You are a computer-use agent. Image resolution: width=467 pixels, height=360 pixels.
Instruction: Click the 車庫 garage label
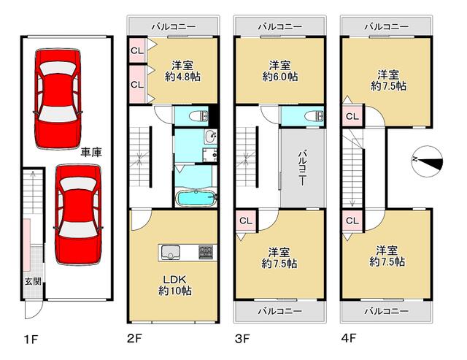pyautogui.click(x=91, y=153)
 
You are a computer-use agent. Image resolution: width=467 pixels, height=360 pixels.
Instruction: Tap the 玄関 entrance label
pyautogui.click(x=33, y=281)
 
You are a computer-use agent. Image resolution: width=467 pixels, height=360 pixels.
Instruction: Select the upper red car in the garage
pyautogui.click(x=58, y=99)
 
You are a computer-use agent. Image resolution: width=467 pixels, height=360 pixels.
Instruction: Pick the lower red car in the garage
pyautogui.click(x=78, y=215)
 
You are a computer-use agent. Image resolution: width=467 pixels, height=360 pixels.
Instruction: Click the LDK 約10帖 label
pyautogui.click(x=175, y=285)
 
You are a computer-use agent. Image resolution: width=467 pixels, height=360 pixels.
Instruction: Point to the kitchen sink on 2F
pyautogui.click(x=170, y=252)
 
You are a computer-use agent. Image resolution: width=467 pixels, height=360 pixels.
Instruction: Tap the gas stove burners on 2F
pyautogui.click(x=206, y=252)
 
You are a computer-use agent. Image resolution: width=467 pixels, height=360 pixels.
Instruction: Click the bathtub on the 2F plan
pyautogui.click(x=196, y=198)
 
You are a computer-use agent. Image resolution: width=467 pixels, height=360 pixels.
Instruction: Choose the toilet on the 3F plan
pyautogui.click(x=314, y=116)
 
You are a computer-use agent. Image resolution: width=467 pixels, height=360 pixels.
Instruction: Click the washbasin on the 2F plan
pyautogui.click(x=211, y=137)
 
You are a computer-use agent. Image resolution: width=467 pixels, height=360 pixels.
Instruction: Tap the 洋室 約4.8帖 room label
pyautogui.click(x=182, y=71)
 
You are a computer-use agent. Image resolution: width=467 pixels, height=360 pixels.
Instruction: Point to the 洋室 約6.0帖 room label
pyautogui.click(x=280, y=71)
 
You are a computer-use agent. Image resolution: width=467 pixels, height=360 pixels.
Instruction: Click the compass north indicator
pyautogui.click(x=427, y=162)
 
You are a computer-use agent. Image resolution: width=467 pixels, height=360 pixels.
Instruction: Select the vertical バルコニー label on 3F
pyautogui.click(x=303, y=169)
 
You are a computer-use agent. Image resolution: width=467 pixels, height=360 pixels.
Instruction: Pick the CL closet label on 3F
pyautogui.click(x=246, y=221)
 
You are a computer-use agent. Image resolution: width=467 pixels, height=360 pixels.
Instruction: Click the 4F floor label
pyautogui.click(x=349, y=339)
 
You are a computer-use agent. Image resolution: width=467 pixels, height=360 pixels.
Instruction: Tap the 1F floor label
pyautogui.click(x=31, y=340)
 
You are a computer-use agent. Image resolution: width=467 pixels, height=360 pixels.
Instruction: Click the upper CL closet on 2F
pyautogui.click(x=137, y=50)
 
